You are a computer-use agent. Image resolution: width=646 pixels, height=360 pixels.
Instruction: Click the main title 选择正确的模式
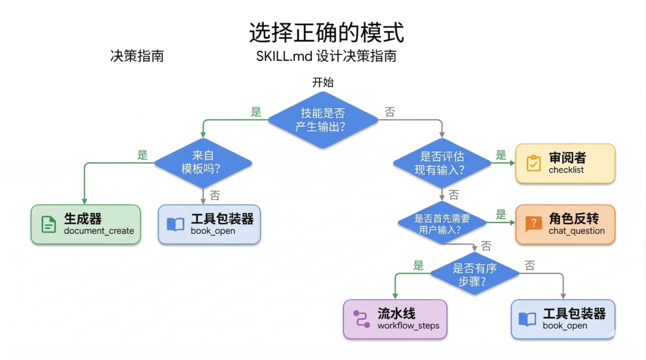pyautogui.click(x=326, y=33)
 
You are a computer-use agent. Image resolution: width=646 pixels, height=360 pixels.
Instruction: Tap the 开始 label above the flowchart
pyautogui.click(x=322, y=83)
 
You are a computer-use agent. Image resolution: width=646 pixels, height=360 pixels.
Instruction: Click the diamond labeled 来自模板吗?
pyautogui.click(x=203, y=162)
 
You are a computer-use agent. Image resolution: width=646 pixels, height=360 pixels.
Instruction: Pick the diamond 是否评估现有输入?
pyautogui.click(x=441, y=163)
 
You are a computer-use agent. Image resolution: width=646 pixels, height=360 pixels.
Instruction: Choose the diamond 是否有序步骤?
pyautogui.click(x=474, y=276)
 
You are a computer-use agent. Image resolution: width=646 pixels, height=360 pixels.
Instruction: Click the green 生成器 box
pyautogui.click(x=86, y=224)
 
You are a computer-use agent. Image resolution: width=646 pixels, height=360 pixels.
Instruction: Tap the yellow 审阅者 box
pyautogui.click(x=565, y=163)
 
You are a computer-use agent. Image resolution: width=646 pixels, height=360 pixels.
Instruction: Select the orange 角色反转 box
pyautogui.click(x=565, y=224)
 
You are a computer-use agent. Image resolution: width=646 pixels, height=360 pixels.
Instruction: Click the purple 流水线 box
pyautogui.click(x=395, y=319)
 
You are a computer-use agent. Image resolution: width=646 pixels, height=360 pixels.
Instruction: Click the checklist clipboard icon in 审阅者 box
pyautogui.click(x=533, y=163)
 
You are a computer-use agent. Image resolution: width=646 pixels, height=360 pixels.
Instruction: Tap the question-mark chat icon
pyautogui.click(x=532, y=224)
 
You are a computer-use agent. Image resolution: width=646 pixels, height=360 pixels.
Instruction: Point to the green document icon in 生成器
pyautogui.click(x=48, y=224)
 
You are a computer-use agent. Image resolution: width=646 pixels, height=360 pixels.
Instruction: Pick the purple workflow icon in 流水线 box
pyautogui.click(x=361, y=319)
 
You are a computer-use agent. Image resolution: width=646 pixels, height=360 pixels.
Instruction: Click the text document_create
pyautogui.click(x=99, y=231)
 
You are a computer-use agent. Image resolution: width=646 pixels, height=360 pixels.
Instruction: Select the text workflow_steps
pyautogui.click(x=408, y=326)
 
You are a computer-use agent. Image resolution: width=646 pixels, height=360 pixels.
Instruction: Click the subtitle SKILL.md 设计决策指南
pyautogui.click(x=326, y=57)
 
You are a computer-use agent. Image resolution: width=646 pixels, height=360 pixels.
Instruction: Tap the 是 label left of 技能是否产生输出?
pyautogui.click(x=256, y=112)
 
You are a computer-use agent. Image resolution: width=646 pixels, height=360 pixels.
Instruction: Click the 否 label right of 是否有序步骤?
pyautogui.click(x=529, y=266)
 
